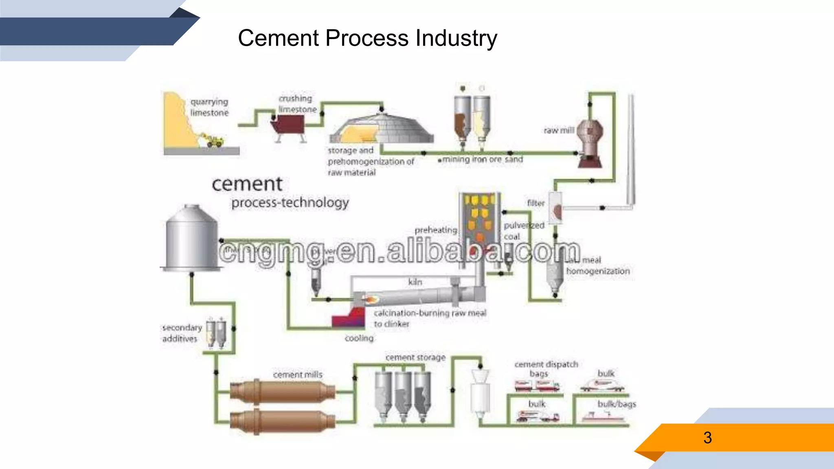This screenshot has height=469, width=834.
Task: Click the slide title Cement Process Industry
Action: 367,38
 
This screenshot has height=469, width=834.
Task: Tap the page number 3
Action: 707,438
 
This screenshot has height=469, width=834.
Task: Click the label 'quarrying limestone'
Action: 209,107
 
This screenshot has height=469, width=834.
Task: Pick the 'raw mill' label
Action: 559,130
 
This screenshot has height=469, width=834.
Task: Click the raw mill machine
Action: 589,142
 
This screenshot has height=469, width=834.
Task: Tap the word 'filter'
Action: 536,203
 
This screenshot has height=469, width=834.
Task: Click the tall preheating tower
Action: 480,228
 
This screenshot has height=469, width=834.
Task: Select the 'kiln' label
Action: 415,282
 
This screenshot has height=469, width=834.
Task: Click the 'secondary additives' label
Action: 182,333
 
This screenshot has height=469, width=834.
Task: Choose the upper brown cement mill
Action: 283,392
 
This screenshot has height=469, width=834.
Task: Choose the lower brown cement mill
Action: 283,421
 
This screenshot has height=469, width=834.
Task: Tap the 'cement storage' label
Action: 415,357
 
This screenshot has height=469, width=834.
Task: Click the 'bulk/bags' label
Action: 617,404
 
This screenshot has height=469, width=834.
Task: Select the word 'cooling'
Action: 359,338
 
